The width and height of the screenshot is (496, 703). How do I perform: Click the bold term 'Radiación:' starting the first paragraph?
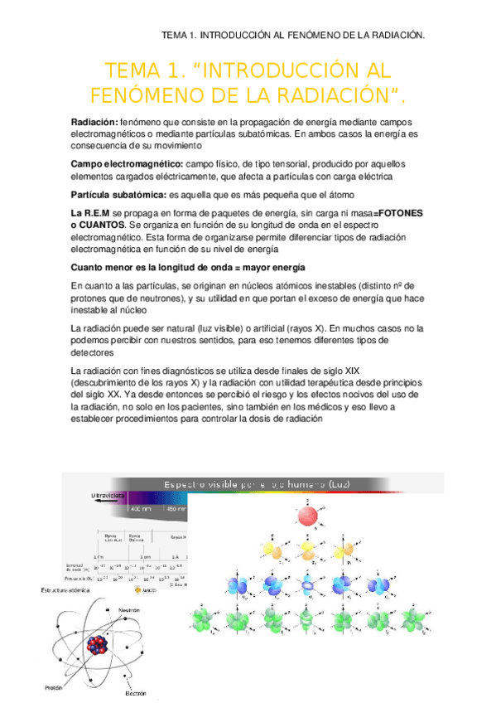(x=95, y=122)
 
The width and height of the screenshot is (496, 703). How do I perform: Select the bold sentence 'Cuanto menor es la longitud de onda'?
(x=188, y=268)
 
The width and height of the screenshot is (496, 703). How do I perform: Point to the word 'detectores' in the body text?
(x=96, y=352)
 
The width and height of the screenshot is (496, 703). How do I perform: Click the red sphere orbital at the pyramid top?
(x=307, y=516)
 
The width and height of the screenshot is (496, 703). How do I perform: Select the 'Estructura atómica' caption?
(x=70, y=589)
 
